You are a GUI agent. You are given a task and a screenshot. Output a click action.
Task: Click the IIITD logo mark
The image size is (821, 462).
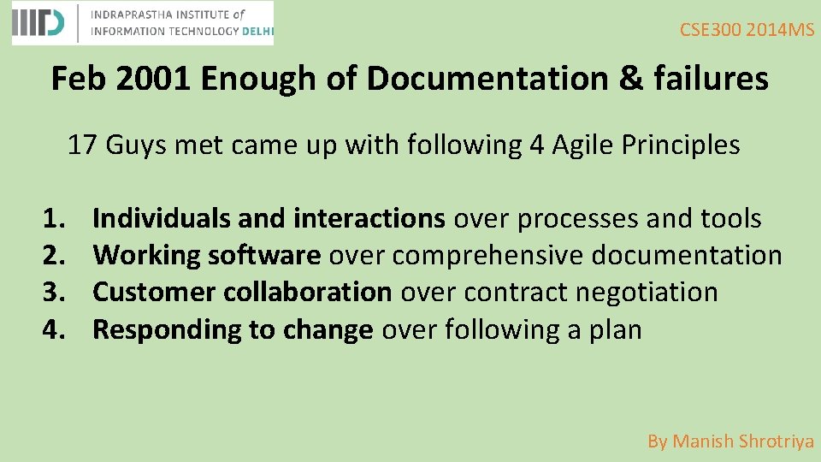(x=38, y=23)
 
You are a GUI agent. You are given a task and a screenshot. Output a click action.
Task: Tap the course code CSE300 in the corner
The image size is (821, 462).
(x=711, y=31)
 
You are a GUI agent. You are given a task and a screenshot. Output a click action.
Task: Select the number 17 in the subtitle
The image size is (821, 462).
(x=82, y=145)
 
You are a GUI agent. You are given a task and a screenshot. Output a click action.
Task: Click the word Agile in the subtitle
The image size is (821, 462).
(x=581, y=145)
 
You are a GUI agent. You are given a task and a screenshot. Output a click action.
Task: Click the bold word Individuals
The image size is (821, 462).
(x=162, y=219)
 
